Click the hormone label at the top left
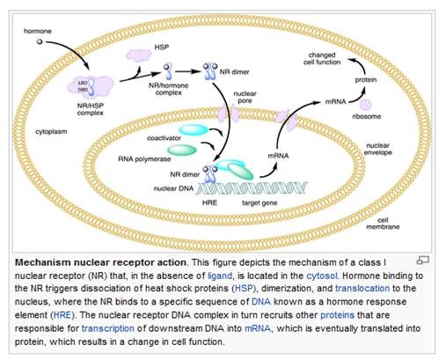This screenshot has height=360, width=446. coord(38,31)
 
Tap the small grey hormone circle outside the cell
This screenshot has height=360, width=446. coord(40,41)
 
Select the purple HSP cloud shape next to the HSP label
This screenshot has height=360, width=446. coord(139,55)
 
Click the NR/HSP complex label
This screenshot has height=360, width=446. coord(91,109)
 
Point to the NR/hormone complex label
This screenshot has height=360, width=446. coord(169,89)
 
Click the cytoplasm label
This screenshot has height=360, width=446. coord(51,131)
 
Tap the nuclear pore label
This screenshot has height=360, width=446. coord(245,97)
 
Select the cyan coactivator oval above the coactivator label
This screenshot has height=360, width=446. coord(194,129)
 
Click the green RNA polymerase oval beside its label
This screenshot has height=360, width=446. coord(182,151)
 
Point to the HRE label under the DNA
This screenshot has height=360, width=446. coord(209,202)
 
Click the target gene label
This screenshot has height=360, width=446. coord(260,202)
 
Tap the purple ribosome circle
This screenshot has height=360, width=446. coord(366,105)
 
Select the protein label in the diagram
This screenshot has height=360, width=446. coord(366,80)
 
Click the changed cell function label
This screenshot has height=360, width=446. coord(322,58)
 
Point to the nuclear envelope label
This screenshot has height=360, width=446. coord(377,149)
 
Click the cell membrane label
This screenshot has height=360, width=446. coord(383,224)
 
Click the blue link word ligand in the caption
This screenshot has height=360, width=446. coord(220,276)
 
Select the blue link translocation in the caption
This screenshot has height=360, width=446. coord(362,289)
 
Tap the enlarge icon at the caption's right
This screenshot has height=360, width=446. coord(422,260)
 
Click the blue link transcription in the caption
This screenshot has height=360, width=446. coord(108,328)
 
